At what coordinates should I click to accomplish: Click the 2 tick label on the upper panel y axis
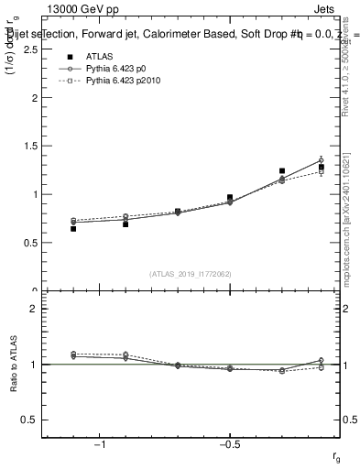pyautogui.click(x=34, y=98)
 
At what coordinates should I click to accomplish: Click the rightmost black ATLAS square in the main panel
pyautogui.click(x=321, y=167)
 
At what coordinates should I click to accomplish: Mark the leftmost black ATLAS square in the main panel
pyautogui.click(x=73, y=228)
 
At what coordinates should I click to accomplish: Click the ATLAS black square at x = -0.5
pyautogui.click(x=230, y=197)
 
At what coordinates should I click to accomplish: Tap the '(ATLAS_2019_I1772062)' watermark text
pyautogui.click(x=191, y=274)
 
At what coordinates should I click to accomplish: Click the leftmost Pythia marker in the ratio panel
pyautogui.click(x=73, y=354)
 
